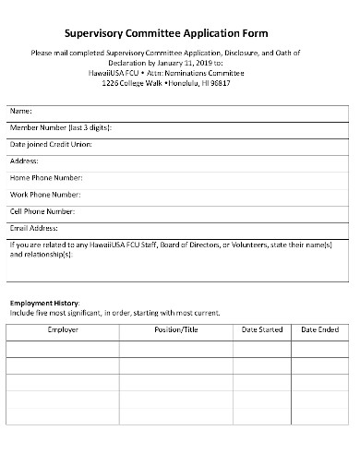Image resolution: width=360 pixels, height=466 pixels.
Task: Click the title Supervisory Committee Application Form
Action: point(179,29)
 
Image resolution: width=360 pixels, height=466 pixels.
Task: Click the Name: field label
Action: point(20,111)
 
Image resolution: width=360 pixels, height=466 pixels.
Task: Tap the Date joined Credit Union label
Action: point(51,144)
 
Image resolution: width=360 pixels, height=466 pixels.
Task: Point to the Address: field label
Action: point(25,161)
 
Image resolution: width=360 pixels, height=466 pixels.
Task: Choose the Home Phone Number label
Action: point(46,177)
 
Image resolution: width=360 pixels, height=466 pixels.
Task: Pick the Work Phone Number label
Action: point(45,194)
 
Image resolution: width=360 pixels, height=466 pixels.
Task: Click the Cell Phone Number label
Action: point(44,210)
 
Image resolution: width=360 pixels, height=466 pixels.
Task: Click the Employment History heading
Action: point(44,304)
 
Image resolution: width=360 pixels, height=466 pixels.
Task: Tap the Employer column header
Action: point(63,329)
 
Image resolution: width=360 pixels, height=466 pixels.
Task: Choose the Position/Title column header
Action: point(175,329)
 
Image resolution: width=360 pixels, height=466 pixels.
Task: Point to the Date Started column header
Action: point(261,329)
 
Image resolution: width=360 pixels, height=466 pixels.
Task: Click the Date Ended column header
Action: point(320,329)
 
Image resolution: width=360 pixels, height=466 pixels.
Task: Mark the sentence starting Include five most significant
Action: point(115,313)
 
